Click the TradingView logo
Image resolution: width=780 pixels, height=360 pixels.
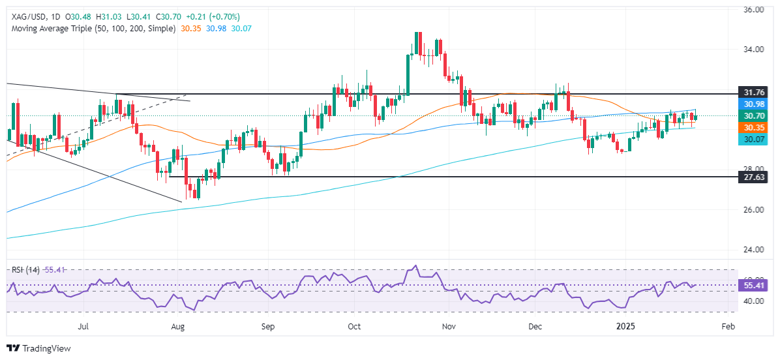pyautogui.click(x=38, y=348)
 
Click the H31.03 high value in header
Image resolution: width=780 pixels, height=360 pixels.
pyautogui.click(x=103, y=16)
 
